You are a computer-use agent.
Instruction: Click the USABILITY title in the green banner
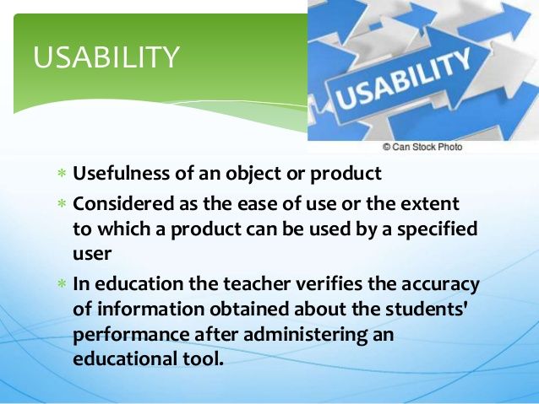pyautogui.click(x=106, y=57)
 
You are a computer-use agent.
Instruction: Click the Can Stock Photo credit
pyautogui.click(x=422, y=147)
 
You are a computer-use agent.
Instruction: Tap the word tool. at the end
pyautogui.click(x=210, y=359)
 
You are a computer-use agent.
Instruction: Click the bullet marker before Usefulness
pyautogui.click(x=61, y=175)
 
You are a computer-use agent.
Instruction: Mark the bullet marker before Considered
pyautogui.click(x=61, y=204)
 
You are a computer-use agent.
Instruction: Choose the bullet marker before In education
pyautogui.click(x=61, y=284)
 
